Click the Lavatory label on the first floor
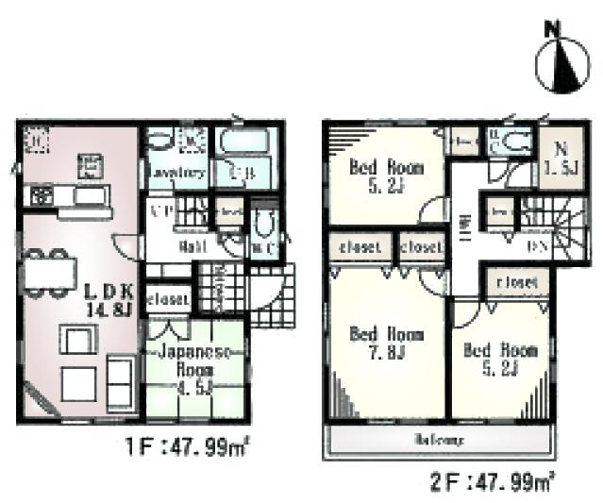point(176,174)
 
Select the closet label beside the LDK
point(167,300)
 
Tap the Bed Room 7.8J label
point(387,344)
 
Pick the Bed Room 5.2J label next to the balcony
point(499,359)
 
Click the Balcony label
point(442,441)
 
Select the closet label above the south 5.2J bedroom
point(514,281)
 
